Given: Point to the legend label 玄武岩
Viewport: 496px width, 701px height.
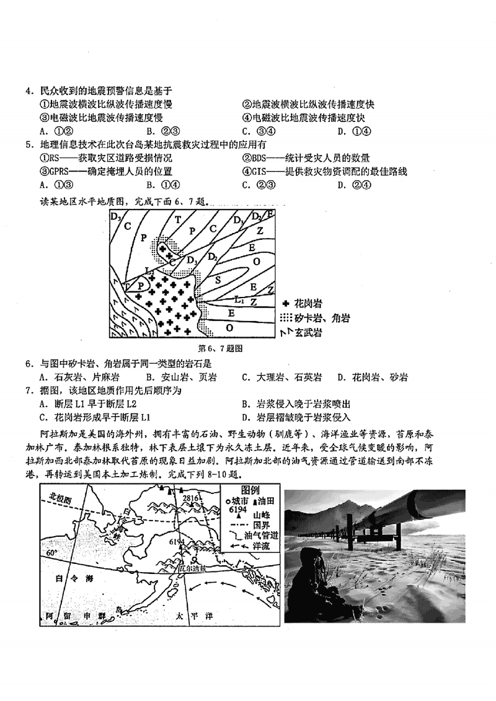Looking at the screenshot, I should (308, 333).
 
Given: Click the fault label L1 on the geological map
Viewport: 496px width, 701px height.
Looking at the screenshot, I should (241, 299).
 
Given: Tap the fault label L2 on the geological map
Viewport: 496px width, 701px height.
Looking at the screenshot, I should (149, 271).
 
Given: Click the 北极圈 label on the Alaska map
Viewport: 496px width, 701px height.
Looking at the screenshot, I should (63, 498).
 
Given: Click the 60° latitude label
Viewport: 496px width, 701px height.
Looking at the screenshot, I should (51, 552).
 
